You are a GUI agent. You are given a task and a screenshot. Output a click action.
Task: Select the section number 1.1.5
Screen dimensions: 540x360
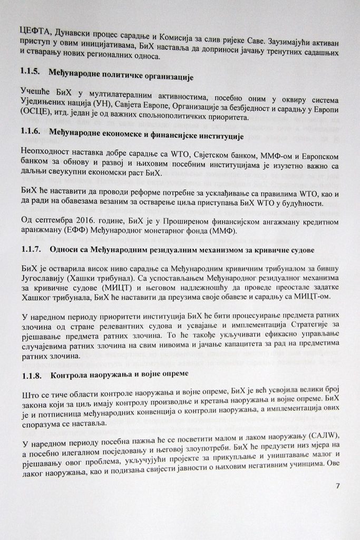coord(31,72)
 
